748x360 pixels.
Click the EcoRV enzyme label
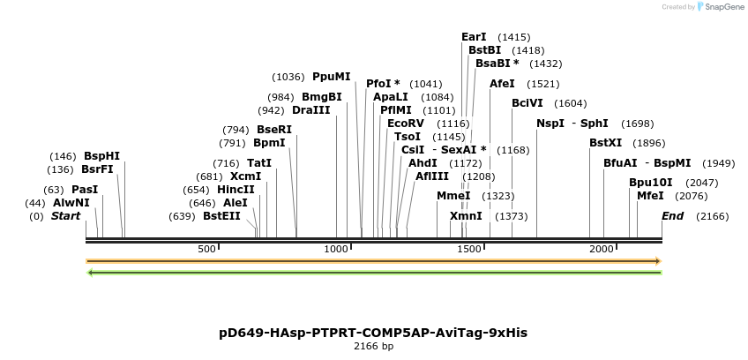(406, 124)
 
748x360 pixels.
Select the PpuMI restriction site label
(331, 77)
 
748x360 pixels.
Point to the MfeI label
(650, 196)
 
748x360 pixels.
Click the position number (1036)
(288, 78)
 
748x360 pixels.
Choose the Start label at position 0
(65, 216)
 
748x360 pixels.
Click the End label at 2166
(672, 216)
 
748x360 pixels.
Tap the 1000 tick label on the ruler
(336, 250)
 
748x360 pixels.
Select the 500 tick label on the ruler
(206, 250)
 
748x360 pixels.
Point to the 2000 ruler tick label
(602, 250)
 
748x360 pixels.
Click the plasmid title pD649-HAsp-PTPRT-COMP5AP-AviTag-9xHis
(373, 333)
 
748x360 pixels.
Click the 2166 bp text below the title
(373, 347)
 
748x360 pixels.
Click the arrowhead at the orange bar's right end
(657, 261)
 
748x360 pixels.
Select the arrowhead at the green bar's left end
(90, 273)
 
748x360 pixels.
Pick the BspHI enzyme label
(101, 156)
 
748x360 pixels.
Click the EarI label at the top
(474, 37)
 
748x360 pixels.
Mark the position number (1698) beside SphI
(638, 124)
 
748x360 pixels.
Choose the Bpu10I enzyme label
(650, 183)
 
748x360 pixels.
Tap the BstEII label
(221, 216)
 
